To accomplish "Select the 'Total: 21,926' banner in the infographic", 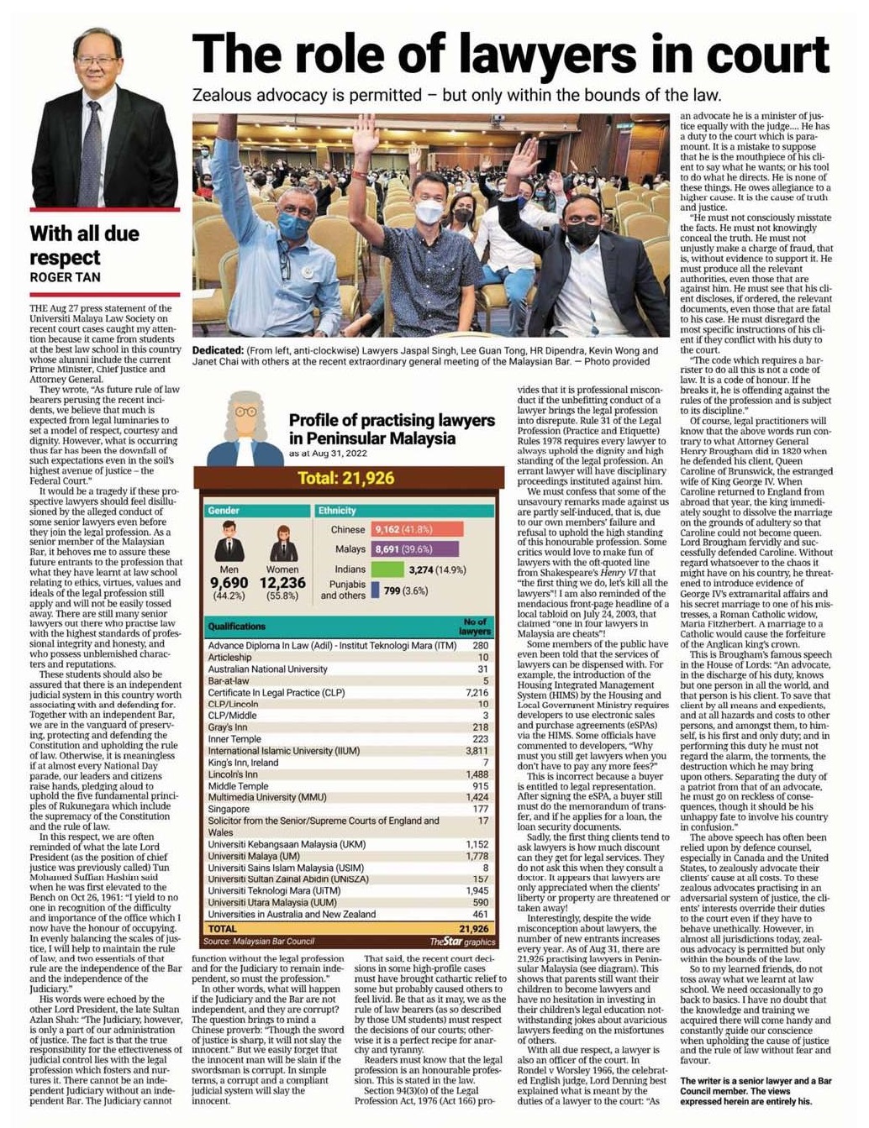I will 345,479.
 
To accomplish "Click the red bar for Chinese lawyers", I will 418,529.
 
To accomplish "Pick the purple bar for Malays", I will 415,549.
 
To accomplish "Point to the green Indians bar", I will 387,569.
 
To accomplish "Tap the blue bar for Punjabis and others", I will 375,590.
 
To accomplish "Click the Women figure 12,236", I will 282,583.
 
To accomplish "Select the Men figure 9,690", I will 229,583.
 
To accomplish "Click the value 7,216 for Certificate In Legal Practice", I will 477,693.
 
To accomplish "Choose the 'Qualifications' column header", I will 237,627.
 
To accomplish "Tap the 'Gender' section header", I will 224,511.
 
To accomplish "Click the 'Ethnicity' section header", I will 337,511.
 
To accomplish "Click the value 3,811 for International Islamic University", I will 477,751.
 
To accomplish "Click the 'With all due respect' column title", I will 84,245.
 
